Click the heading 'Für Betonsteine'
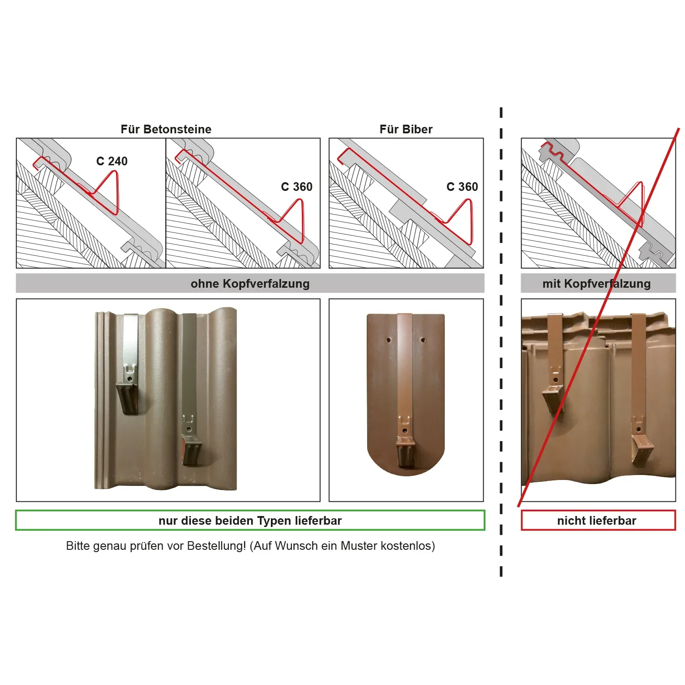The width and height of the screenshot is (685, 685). (166, 129)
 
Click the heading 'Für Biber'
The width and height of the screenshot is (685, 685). (406, 129)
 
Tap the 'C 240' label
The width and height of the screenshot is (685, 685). (112, 161)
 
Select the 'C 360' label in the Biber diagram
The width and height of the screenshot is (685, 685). (462, 187)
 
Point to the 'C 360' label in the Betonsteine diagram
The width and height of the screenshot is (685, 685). (297, 187)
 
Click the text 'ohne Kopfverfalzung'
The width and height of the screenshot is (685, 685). (250, 284)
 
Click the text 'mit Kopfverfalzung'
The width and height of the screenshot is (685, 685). (596, 284)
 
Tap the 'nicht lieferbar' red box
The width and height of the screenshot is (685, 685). (598, 521)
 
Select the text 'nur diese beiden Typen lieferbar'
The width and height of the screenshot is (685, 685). (250, 521)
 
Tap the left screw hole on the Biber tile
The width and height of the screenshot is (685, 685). (389, 340)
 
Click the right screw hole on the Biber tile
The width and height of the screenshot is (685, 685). (422, 340)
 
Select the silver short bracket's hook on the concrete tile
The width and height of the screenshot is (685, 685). (127, 398)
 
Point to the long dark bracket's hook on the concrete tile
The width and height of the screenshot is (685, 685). (192, 450)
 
